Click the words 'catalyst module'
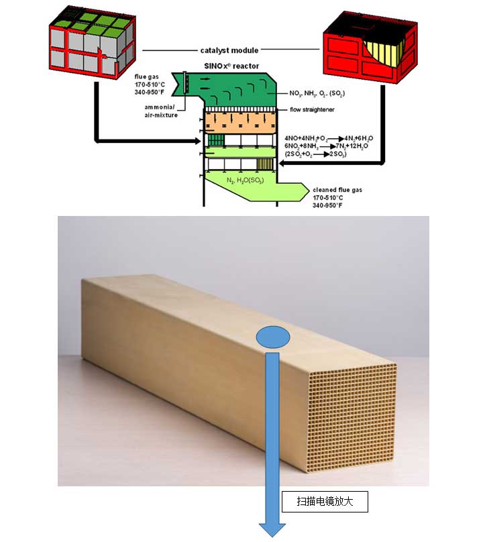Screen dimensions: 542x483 [229, 50]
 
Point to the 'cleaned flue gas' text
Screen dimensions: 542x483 [337, 190]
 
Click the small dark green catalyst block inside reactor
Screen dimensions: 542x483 [215, 141]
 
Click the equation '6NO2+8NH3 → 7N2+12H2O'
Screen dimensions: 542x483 [320, 146]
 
